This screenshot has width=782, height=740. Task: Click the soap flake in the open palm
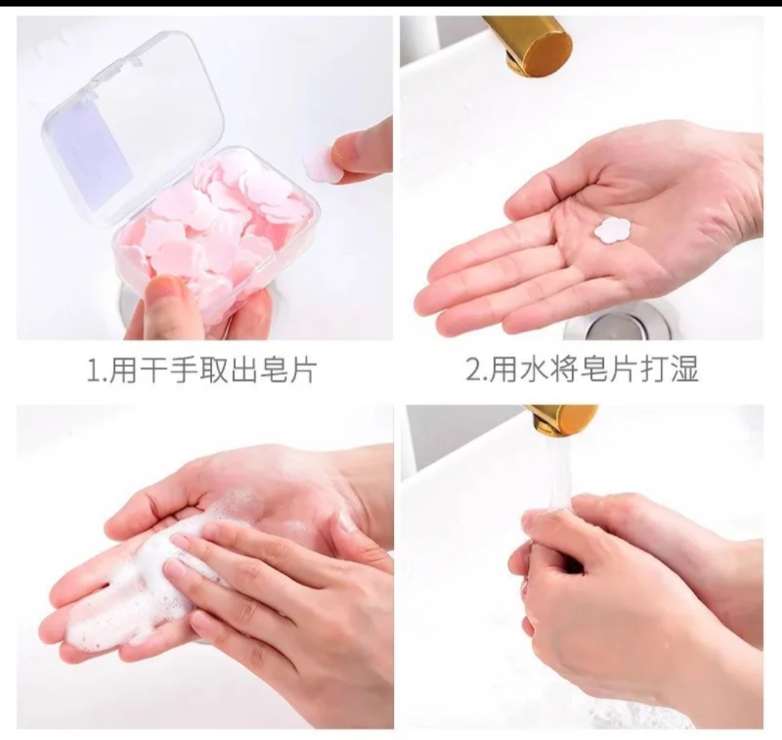point(613,230)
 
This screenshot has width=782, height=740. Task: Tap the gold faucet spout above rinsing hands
point(561,418)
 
